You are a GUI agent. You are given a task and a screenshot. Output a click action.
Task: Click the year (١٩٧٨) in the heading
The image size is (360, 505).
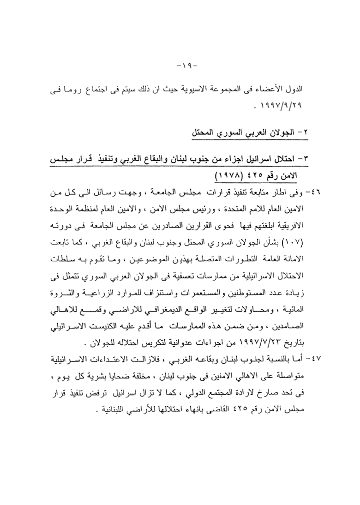pos(233,175)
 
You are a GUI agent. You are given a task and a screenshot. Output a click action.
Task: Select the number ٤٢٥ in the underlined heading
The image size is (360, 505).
pos(262,175)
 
